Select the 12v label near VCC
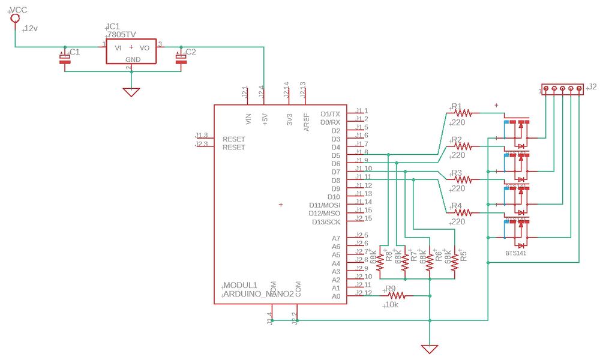(x=31, y=29)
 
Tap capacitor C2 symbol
(x=179, y=58)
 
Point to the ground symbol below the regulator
(x=131, y=92)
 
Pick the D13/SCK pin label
(x=326, y=222)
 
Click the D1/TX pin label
(x=330, y=113)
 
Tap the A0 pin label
(x=336, y=296)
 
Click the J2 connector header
(x=562, y=89)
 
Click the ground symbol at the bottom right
(x=429, y=348)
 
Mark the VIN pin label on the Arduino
(x=248, y=118)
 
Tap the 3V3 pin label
(x=289, y=118)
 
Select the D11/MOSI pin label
(x=325, y=205)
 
